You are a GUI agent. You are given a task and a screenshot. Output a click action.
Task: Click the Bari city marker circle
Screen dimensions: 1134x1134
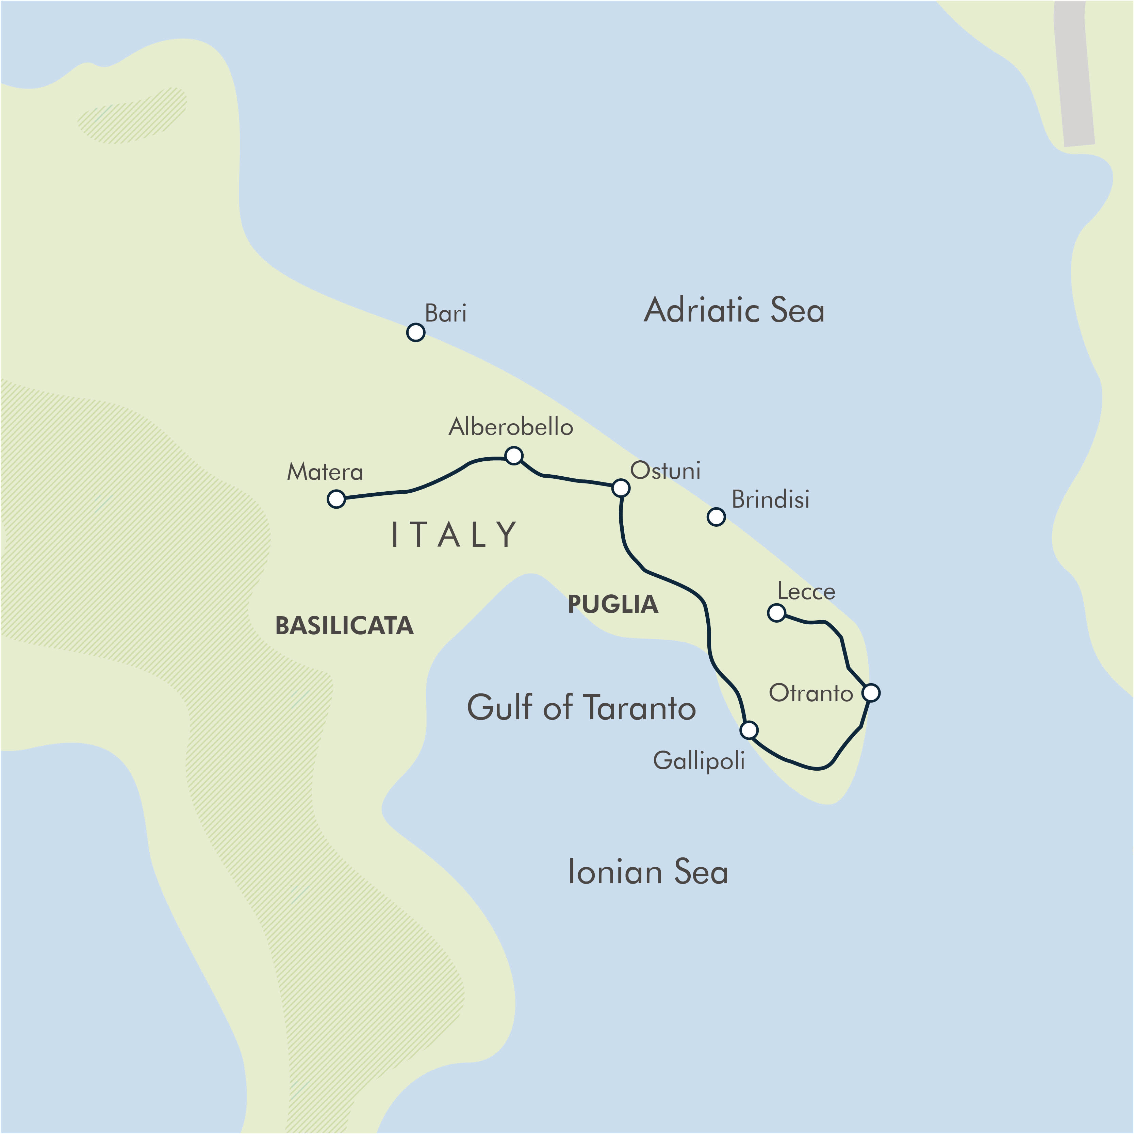pyautogui.click(x=415, y=332)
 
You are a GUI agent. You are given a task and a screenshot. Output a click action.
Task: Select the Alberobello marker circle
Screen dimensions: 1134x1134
pyautogui.click(x=514, y=456)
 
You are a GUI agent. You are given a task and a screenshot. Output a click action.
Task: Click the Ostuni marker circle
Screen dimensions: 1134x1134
pyautogui.click(x=621, y=488)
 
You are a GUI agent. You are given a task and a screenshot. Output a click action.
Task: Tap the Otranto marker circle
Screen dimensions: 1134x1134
pyautogui.click(x=871, y=693)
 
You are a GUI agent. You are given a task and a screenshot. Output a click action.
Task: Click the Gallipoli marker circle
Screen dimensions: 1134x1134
pyautogui.click(x=749, y=730)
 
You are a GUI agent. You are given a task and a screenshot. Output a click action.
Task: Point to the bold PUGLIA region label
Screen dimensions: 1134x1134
pyautogui.click(x=613, y=605)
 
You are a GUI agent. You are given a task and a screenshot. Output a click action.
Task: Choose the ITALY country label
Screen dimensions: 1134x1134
pyautogui.click(x=454, y=535)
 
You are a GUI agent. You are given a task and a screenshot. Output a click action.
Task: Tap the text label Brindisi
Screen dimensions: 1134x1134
pyautogui.click(x=770, y=499)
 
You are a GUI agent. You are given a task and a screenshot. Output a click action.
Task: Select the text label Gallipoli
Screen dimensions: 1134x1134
pyautogui.click(x=699, y=761)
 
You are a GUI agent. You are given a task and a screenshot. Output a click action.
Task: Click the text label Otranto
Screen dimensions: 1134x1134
pyautogui.click(x=810, y=693)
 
